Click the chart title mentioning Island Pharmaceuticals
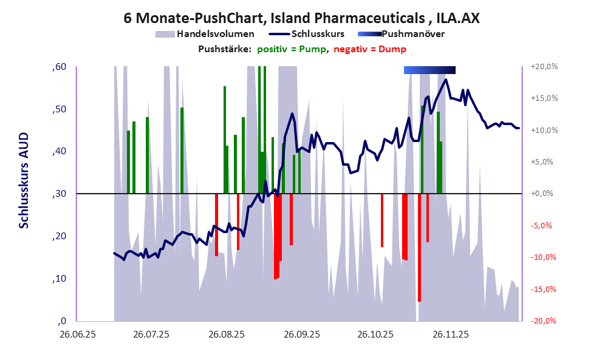click(x=301, y=18)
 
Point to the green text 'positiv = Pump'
click(x=291, y=49)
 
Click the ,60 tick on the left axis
click(x=59, y=67)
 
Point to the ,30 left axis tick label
click(x=59, y=194)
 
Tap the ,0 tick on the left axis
click(x=61, y=321)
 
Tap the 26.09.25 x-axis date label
click(x=301, y=335)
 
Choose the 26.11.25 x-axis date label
click(x=450, y=335)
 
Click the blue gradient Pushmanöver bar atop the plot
click(x=429, y=70)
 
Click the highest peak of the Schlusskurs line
click(x=446, y=80)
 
